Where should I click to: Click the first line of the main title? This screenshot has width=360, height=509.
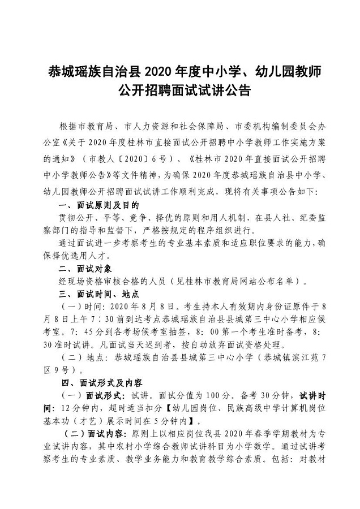[180, 71]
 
